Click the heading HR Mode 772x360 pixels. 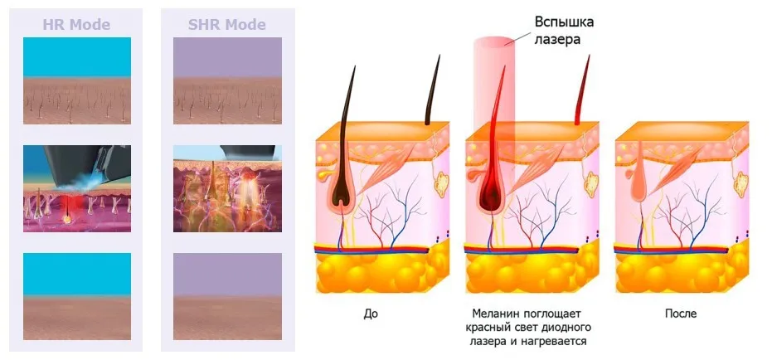click(76, 24)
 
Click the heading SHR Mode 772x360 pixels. click(226, 24)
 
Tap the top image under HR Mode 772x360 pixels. click(76, 80)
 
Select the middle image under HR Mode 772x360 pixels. click(76, 188)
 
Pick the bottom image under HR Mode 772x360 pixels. click(76, 296)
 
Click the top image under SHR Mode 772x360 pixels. click(226, 80)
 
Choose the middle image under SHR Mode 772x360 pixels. click(226, 188)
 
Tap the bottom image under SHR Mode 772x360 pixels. click(226, 296)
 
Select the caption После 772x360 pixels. click(680, 314)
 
